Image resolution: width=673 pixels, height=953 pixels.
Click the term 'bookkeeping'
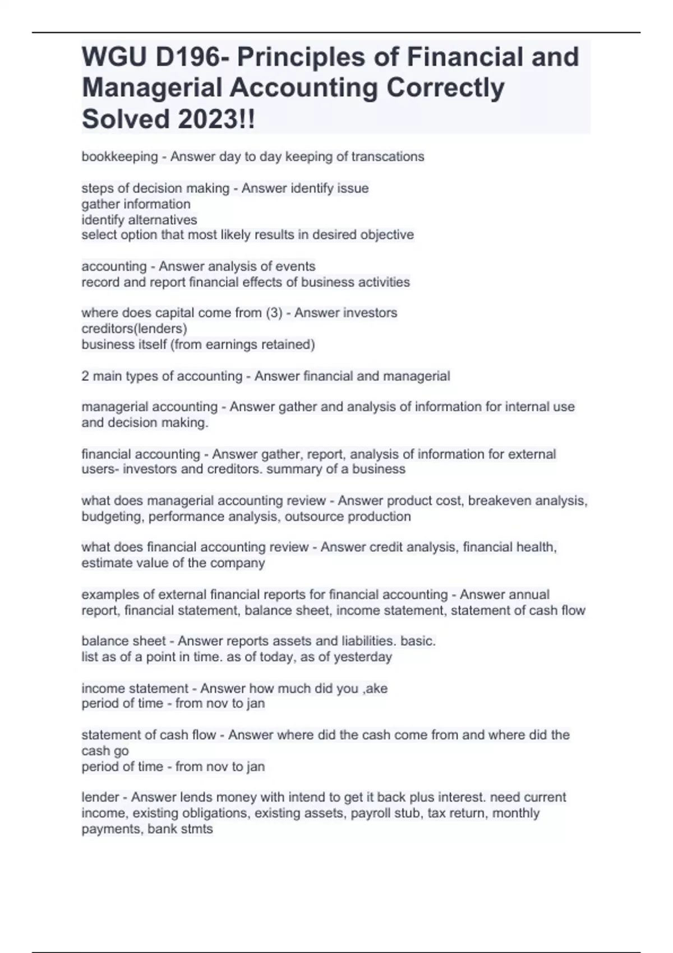119,157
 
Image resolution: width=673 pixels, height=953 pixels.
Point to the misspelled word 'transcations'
388,157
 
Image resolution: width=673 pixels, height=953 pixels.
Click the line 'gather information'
136,204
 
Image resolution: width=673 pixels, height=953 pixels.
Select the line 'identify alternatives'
139,220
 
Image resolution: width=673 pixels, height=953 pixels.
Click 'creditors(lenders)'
134,329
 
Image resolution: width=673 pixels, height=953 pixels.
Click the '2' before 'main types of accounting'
85,376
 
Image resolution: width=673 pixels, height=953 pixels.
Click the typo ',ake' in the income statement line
375,688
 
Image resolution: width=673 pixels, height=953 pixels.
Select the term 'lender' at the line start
100,797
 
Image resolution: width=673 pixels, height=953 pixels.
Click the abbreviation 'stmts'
196,829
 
